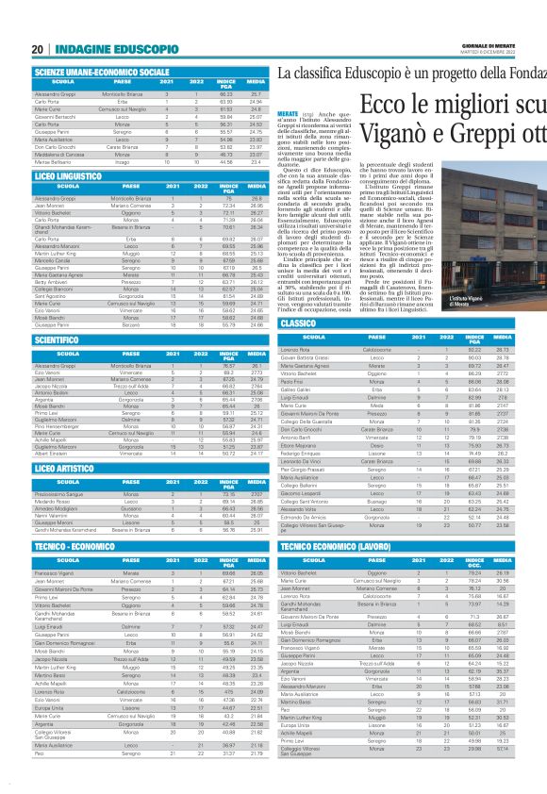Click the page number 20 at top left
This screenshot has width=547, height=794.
click(38, 48)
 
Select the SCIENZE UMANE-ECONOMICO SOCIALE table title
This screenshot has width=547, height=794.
click(102, 72)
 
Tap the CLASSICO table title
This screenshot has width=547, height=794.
click(299, 323)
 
